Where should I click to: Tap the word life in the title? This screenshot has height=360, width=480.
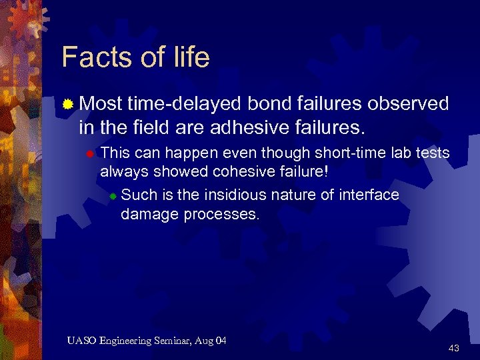(188, 57)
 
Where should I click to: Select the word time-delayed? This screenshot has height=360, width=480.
(185, 104)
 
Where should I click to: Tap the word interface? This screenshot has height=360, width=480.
(370, 195)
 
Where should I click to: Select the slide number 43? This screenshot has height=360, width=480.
(454, 348)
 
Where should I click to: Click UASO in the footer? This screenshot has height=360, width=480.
(81, 341)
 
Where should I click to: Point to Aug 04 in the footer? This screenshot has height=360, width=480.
(213, 341)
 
